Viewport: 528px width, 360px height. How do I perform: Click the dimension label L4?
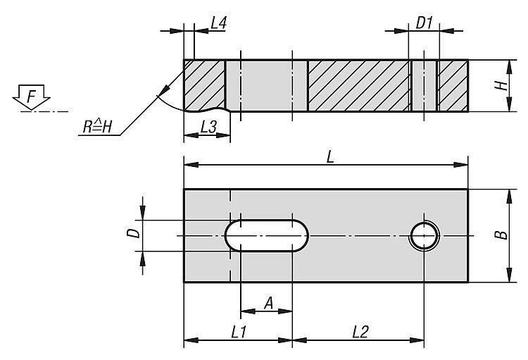(218, 23)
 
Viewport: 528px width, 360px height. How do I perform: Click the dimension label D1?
(424, 23)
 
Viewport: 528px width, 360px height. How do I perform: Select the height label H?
(501, 85)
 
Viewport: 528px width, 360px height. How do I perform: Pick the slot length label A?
(268, 303)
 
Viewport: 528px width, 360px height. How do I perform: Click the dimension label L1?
(237, 331)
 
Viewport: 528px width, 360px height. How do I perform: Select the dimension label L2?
(359, 331)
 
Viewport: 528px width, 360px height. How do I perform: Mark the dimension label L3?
(208, 128)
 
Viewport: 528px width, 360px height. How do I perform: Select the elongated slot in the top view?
(266, 235)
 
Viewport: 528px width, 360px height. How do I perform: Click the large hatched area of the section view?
(358, 85)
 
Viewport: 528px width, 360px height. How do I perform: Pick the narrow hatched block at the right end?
(453, 85)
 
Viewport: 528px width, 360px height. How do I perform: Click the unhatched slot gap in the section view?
(266, 85)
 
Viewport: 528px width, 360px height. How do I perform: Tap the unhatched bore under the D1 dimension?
(424, 85)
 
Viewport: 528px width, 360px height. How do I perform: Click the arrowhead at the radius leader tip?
(169, 90)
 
